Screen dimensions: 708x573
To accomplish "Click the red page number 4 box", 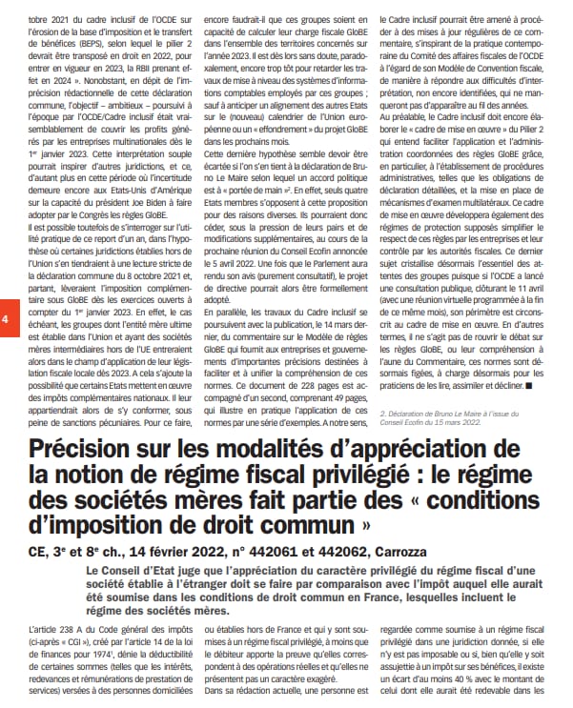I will [x=7, y=320].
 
